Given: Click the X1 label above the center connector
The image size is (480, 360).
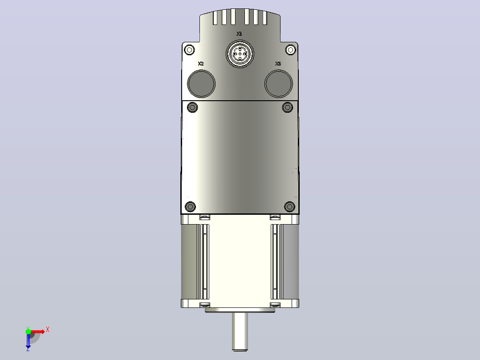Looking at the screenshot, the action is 239,34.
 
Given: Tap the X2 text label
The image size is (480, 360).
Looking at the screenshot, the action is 201,64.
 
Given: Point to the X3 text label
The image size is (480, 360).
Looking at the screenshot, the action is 278,64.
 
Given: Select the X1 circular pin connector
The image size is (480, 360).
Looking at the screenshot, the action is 240,54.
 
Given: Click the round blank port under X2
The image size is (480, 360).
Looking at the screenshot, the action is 201,84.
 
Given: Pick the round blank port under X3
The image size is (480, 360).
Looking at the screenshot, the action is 279,84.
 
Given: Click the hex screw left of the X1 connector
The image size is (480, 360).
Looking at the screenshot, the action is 190,49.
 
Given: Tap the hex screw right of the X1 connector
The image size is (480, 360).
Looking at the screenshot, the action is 290,49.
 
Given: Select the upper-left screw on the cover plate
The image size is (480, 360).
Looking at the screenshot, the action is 192,107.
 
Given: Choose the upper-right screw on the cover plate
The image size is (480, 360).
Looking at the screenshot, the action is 288,107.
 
